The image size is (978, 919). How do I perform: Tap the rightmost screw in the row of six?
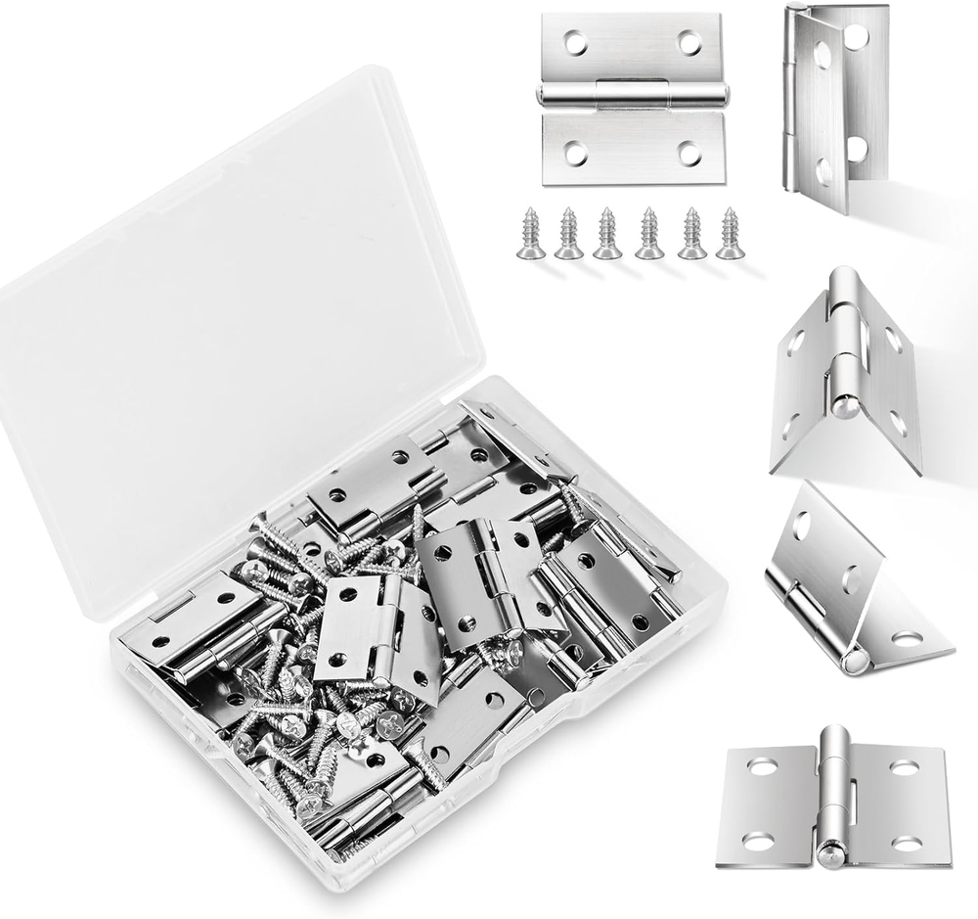[x=730, y=234]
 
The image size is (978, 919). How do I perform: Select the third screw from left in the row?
[x=607, y=234]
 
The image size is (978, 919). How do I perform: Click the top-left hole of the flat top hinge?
[x=575, y=42]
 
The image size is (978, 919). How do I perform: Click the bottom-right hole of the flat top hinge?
[x=689, y=153]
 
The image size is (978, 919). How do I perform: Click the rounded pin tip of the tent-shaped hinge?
[x=843, y=405]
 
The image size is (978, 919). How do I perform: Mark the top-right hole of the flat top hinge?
[x=690, y=42]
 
